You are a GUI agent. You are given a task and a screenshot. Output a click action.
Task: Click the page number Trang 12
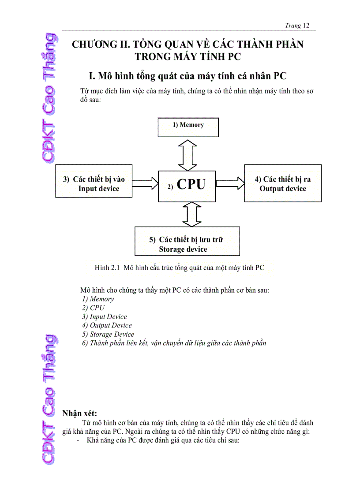click(x=297, y=26)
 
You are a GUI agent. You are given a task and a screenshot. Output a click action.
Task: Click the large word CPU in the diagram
click(x=191, y=184)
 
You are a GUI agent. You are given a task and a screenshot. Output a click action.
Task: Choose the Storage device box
click(x=187, y=242)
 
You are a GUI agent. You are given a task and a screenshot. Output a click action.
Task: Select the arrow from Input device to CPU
click(x=145, y=181)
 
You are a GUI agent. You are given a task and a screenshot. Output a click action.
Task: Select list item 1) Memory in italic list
click(x=97, y=299)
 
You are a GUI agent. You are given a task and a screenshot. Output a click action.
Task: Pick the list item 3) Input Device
click(x=104, y=316)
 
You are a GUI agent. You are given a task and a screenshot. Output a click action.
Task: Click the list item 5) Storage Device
click(x=108, y=334)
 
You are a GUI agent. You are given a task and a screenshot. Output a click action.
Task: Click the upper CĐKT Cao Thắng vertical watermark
click(x=48, y=98)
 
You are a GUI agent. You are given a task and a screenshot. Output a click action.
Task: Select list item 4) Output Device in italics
click(x=107, y=325)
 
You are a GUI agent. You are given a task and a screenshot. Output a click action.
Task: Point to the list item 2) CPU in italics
click(x=93, y=308)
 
